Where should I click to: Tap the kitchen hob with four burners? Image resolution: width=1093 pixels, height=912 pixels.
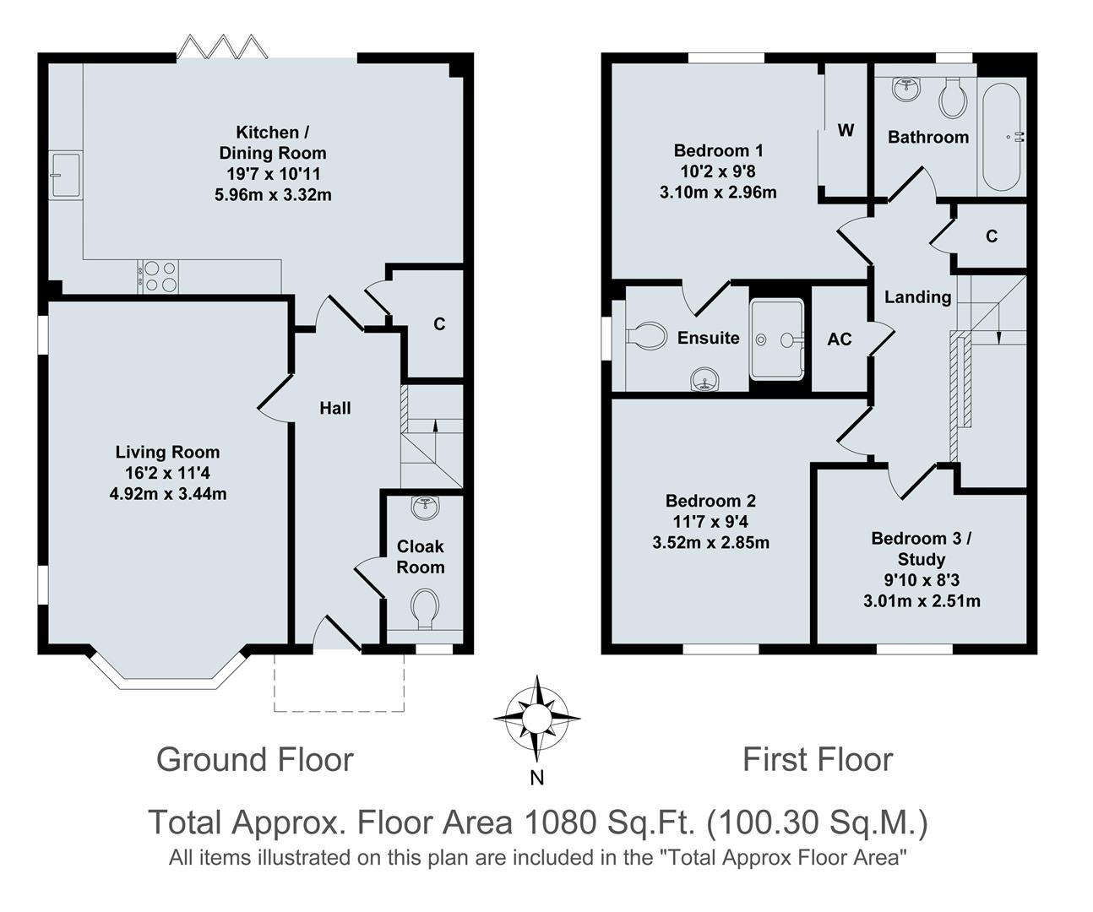click(x=160, y=276)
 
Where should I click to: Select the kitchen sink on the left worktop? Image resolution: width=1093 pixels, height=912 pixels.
click(x=65, y=175)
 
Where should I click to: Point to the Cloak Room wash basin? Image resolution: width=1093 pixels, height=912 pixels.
click(x=424, y=508)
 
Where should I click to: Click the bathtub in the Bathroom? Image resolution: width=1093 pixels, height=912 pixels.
click(x=1003, y=137)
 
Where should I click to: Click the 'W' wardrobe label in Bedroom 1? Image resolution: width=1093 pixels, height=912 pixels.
click(x=846, y=130)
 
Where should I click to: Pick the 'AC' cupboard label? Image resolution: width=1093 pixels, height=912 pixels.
click(x=840, y=339)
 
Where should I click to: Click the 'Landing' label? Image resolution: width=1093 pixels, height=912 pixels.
click(x=917, y=297)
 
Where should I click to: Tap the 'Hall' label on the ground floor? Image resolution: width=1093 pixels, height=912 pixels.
click(x=335, y=409)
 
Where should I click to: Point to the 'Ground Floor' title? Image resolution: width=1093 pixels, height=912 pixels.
click(x=254, y=759)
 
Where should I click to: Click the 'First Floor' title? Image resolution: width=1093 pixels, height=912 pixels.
click(x=817, y=759)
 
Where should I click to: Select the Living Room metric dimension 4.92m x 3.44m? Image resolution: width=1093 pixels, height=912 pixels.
click(x=168, y=494)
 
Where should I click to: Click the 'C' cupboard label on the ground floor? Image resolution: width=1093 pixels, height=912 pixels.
click(x=439, y=324)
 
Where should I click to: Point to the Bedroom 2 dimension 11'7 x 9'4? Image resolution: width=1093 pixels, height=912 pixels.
click(x=710, y=522)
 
